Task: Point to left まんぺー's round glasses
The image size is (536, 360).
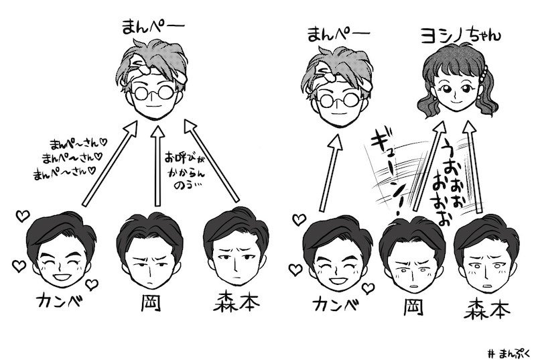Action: click(155, 92)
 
